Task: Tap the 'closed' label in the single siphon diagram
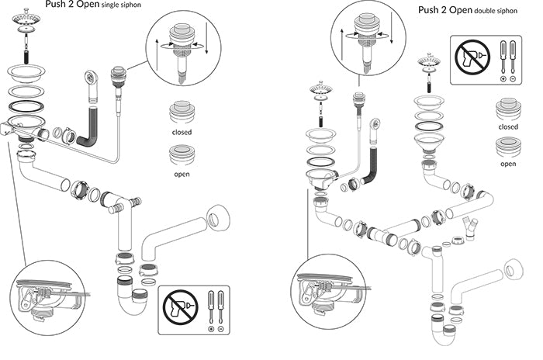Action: (x=181, y=132)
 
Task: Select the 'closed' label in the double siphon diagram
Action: (x=508, y=126)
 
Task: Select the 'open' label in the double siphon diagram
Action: (x=508, y=164)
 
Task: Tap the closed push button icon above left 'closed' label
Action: (x=181, y=111)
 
